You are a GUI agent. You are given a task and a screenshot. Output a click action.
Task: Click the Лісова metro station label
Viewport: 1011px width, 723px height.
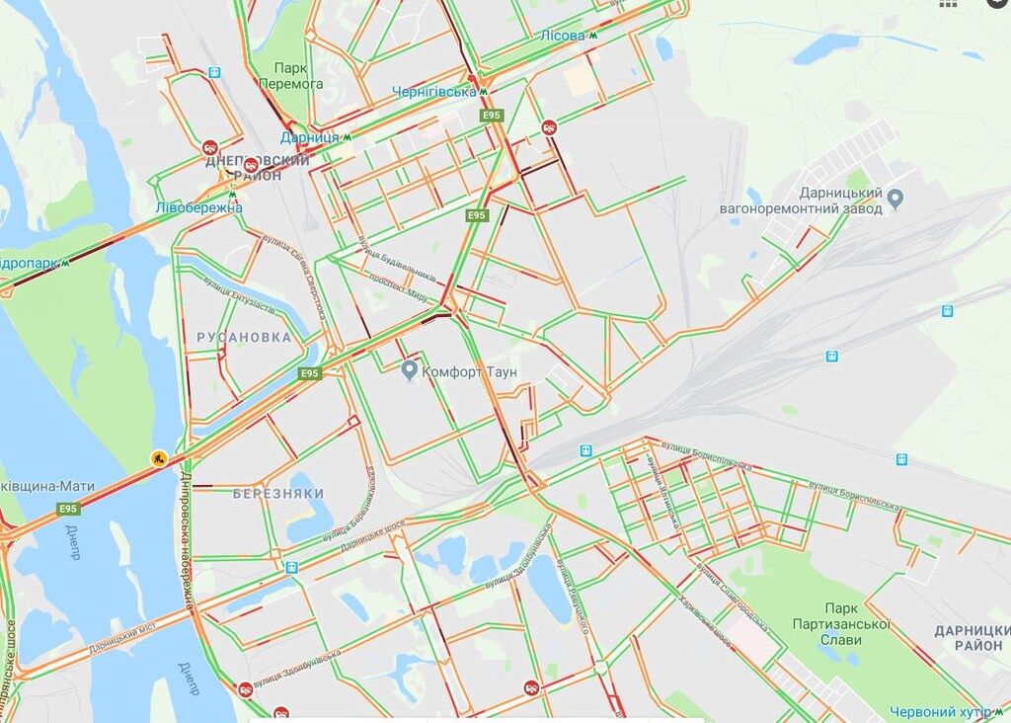(x=562, y=36)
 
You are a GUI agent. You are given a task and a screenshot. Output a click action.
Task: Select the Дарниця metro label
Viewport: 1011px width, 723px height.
(x=309, y=137)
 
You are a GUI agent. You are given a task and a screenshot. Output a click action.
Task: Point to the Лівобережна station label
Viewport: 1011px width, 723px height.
(x=198, y=207)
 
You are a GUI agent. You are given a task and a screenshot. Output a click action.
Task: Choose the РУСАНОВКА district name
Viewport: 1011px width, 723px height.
(x=244, y=337)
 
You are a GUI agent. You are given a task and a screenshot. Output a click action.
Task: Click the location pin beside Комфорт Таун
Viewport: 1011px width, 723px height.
(x=410, y=370)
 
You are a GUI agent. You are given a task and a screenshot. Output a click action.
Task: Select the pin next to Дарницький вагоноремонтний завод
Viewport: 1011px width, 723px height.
(x=895, y=199)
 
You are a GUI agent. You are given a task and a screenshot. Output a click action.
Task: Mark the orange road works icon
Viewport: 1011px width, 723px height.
(x=158, y=458)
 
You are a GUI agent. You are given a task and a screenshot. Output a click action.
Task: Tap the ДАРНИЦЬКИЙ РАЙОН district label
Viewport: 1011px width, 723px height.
(x=972, y=637)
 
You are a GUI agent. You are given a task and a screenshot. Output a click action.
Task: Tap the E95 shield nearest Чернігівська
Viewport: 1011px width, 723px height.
(x=492, y=116)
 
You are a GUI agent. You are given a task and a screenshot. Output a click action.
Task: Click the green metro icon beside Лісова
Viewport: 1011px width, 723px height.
(x=593, y=36)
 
